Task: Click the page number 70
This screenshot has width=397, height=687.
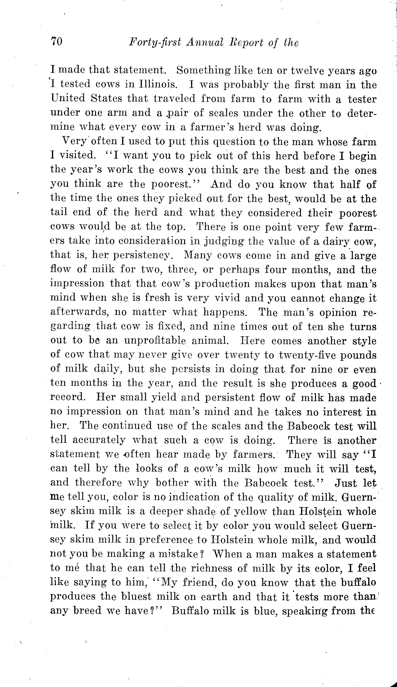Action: (57, 42)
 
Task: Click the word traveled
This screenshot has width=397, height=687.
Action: (175, 98)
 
